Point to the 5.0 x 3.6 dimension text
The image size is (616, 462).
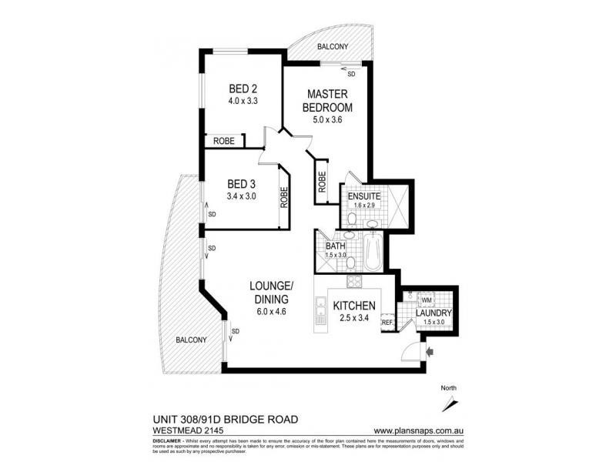point(326,119)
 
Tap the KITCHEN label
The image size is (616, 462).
point(353,306)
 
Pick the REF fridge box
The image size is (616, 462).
point(387,323)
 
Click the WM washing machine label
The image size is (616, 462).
point(426,299)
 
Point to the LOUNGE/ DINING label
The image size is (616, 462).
point(269,292)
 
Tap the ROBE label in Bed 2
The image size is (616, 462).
point(223,141)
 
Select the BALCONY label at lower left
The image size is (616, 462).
point(189,339)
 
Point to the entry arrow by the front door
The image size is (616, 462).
point(430,352)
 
